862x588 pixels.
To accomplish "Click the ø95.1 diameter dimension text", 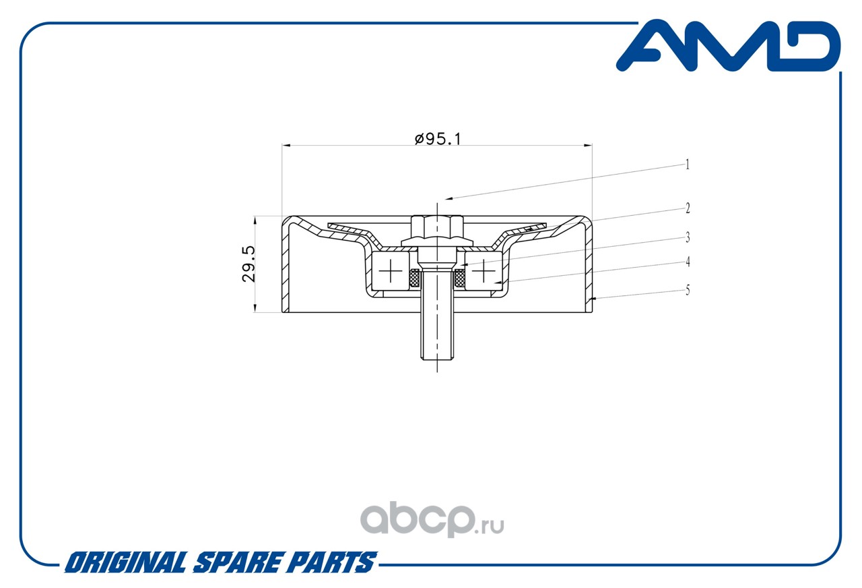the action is tap(438, 139).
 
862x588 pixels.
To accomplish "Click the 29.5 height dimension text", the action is tap(248, 264).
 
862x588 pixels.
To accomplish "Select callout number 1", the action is tap(688, 165).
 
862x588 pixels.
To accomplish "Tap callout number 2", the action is tap(688, 208).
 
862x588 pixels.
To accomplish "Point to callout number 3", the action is tap(688, 237).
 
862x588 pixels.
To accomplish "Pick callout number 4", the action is tap(688, 262).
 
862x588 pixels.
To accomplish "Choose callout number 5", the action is tap(688, 290).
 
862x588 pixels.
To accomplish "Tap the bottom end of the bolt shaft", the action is tap(437, 359).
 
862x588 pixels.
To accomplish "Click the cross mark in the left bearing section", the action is tap(391, 270).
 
